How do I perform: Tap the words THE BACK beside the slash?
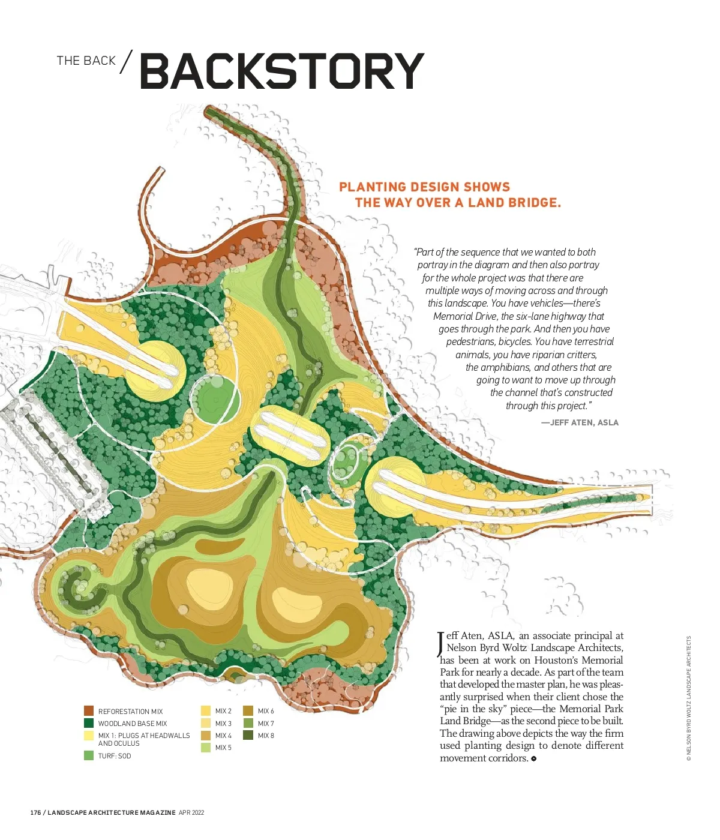(x=86, y=61)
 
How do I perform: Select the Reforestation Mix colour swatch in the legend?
(x=89, y=711)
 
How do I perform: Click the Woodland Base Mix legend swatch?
(x=89, y=723)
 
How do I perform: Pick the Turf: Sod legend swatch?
(x=89, y=755)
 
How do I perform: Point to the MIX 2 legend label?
(x=223, y=711)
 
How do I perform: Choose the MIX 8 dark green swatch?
(x=248, y=735)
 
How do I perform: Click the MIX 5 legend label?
(x=223, y=748)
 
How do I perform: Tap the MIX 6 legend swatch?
(x=248, y=711)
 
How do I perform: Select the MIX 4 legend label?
(x=223, y=735)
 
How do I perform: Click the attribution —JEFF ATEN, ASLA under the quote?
(x=580, y=422)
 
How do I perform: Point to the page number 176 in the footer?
(x=36, y=812)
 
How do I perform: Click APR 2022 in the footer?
(x=191, y=812)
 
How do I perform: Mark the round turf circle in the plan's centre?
(x=215, y=397)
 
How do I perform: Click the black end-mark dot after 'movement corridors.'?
(x=533, y=758)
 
